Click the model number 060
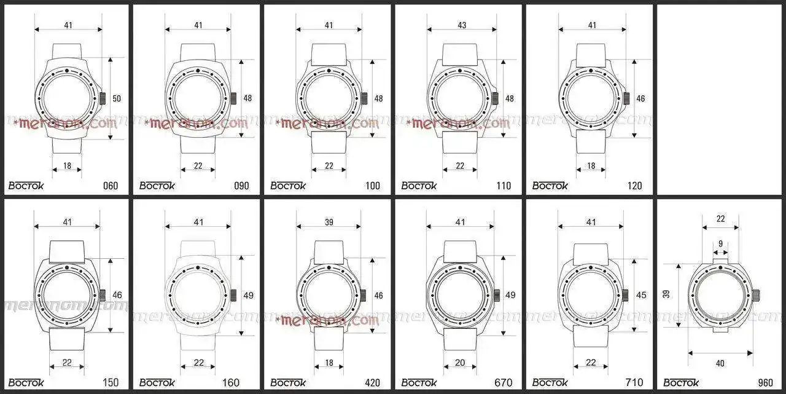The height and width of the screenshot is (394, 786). tap(111, 186)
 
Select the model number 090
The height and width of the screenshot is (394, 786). tap(242, 186)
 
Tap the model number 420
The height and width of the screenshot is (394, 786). tap(372, 382)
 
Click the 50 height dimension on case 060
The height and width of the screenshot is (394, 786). tap(117, 98)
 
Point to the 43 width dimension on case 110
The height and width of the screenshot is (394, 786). tap(462, 25)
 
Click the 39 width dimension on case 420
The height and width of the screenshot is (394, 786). tap(329, 222)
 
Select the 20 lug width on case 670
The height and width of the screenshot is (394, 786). tap(460, 363)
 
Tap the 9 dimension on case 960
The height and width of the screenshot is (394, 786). tap(721, 243)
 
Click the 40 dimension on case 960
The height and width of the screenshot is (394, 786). tap(720, 363)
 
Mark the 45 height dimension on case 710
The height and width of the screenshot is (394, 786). tap(641, 295)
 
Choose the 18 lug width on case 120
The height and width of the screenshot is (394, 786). tap(591, 166)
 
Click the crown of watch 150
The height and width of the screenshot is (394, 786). tap(103, 295)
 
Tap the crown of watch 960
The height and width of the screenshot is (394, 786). tap(756, 296)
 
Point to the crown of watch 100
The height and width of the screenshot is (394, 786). tap(364, 98)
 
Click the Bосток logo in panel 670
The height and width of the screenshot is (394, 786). tap(419, 382)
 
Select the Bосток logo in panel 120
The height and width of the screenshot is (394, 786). tap(550, 186)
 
